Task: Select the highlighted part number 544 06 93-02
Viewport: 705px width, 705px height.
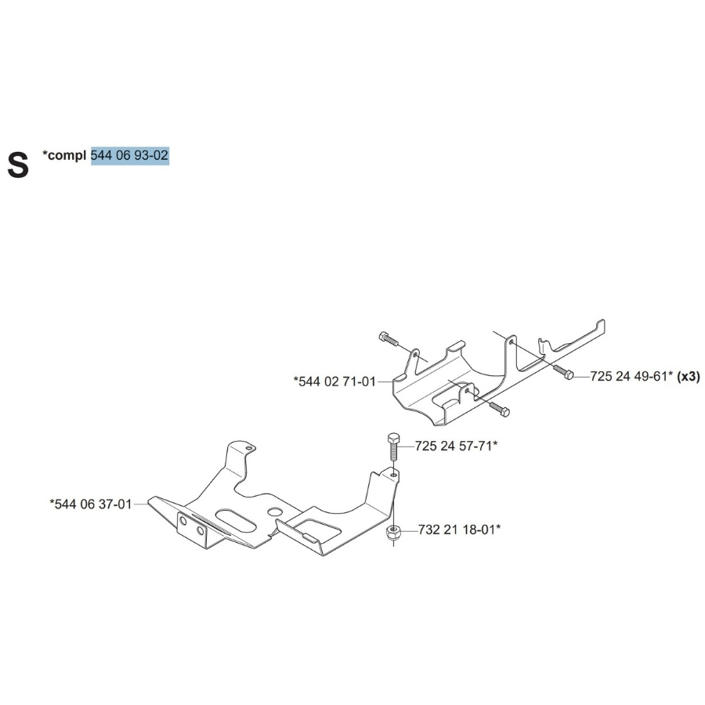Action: coord(129,155)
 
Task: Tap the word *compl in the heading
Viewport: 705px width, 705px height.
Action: coord(65,155)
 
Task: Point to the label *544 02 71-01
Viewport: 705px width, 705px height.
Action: coord(334,381)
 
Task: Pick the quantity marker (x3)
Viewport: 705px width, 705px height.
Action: coord(689,377)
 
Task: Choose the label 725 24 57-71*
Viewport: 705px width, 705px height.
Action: coord(457,446)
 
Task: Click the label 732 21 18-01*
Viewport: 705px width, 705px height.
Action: coord(458,530)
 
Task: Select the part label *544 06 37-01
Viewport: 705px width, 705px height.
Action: coord(90,504)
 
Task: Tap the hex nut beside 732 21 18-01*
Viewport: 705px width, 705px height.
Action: coord(393,533)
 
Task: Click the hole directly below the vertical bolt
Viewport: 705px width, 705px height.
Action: coord(393,473)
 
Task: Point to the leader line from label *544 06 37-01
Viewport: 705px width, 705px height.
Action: coord(140,504)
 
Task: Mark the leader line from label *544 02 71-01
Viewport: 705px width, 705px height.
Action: coord(384,381)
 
